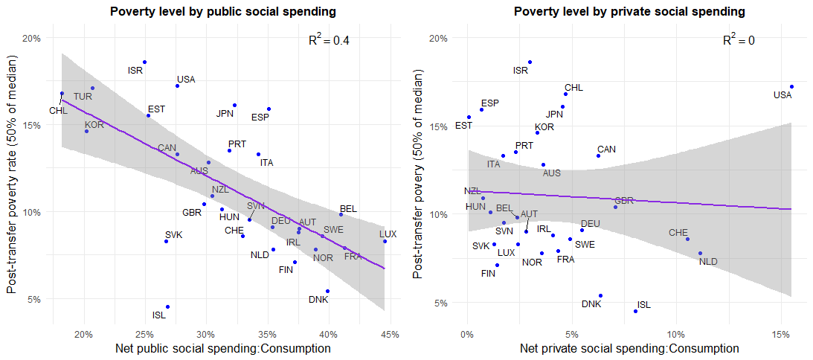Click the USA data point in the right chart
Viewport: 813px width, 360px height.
pyautogui.click(x=791, y=86)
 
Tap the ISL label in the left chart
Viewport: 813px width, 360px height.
pyautogui.click(x=159, y=315)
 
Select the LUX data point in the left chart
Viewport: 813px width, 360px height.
pyautogui.click(x=385, y=241)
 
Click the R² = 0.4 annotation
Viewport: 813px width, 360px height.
pyautogui.click(x=329, y=40)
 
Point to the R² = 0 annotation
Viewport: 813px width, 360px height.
pyautogui.click(x=739, y=40)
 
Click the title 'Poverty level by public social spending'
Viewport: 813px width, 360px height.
pyautogui.click(x=223, y=12)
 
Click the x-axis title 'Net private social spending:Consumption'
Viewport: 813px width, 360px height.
pyautogui.click(x=629, y=348)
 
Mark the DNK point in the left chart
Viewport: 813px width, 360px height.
pyautogui.click(x=327, y=292)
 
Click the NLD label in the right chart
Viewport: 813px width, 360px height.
pyautogui.click(x=708, y=262)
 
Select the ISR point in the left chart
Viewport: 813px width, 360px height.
pyautogui.click(x=144, y=62)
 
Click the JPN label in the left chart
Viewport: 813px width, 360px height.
pyautogui.click(x=225, y=114)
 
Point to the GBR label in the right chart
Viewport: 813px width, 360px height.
pyautogui.click(x=624, y=201)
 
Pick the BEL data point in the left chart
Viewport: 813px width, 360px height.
pyautogui.click(x=341, y=214)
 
